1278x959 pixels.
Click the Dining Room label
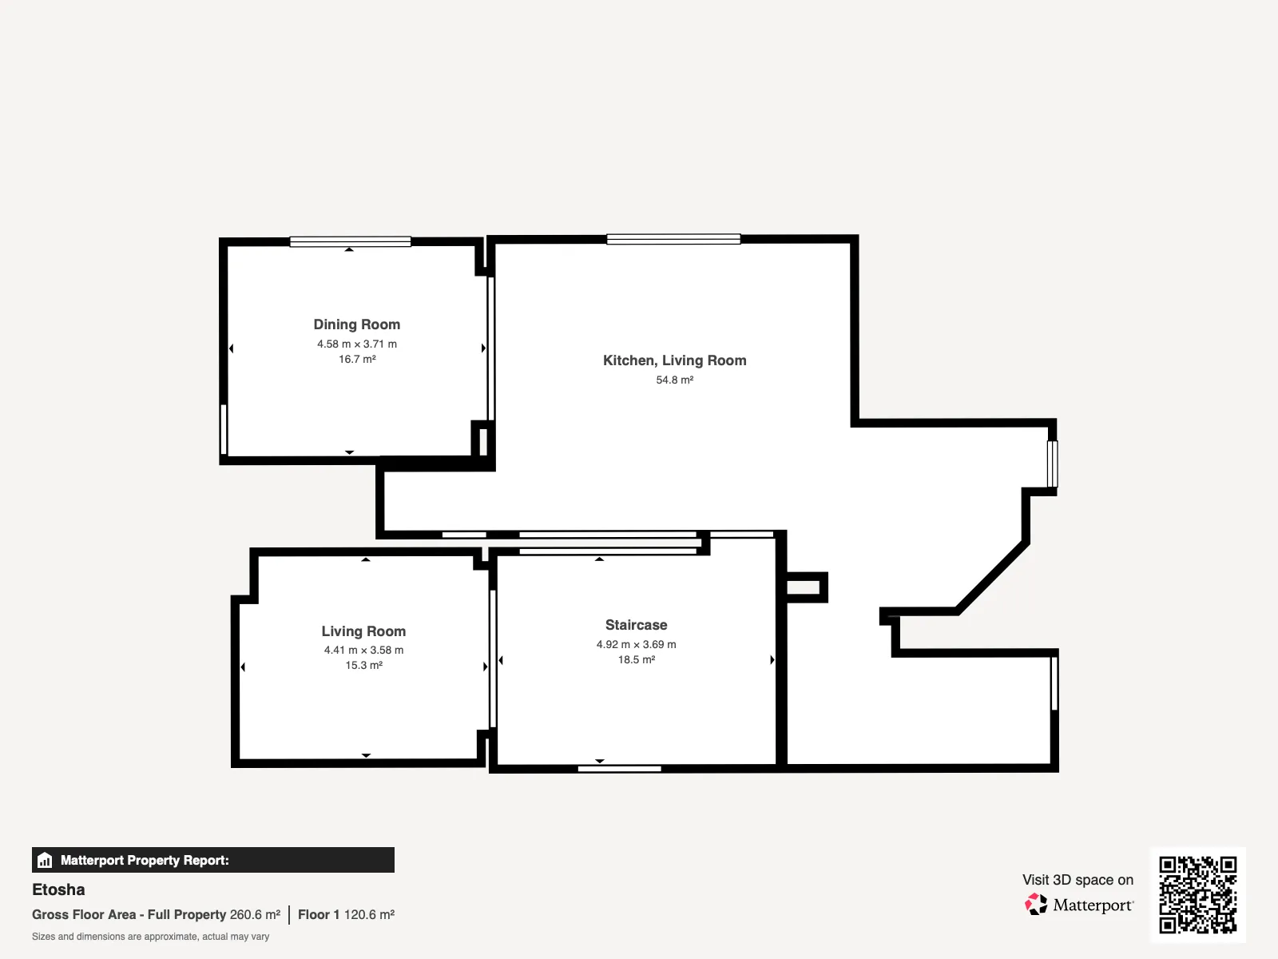pos(357,325)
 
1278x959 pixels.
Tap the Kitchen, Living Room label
pos(675,361)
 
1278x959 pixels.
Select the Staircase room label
pos(637,625)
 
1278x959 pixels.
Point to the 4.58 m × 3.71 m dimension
pos(357,344)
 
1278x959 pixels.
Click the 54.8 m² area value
pos(675,380)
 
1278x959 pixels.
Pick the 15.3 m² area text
pos(364,665)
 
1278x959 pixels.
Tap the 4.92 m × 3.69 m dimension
pos(637,645)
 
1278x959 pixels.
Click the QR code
pos(1197,895)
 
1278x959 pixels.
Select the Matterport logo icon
pos(1036,905)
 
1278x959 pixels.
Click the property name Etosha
pos(58,889)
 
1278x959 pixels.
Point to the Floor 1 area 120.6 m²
pos(347,915)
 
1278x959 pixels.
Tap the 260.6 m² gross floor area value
pos(255,915)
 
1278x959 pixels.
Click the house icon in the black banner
pos(45,860)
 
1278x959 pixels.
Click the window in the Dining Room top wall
pos(351,241)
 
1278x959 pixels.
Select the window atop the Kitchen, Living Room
pos(673,239)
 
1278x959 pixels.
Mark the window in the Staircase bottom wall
pos(620,769)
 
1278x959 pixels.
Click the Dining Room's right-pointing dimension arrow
pos(483,348)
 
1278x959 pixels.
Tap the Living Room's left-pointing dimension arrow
pos(243,667)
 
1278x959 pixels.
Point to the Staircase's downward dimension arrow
pos(600,761)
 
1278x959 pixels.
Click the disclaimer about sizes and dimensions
pos(150,937)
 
